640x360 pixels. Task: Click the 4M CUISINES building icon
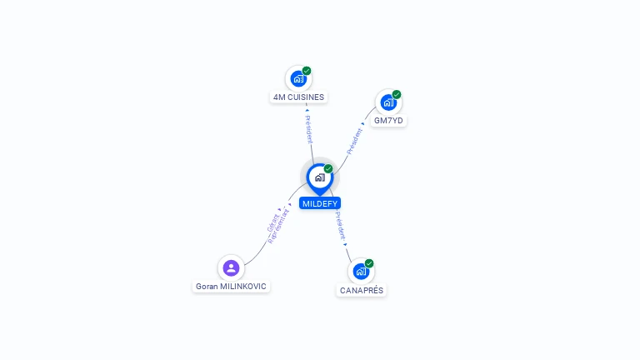click(x=297, y=79)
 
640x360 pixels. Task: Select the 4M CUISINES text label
click(x=298, y=97)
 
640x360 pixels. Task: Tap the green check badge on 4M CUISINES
click(x=307, y=71)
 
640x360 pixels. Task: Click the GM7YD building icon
click(x=387, y=102)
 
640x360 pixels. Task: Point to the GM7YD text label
click(x=388, y=121)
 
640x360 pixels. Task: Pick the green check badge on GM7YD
click(x=397, y=94)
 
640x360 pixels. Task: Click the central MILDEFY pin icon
click(x=319, y=177)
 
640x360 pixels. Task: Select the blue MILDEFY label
click(x=320, y=203)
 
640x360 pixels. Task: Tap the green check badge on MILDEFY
click(x=328, y=168)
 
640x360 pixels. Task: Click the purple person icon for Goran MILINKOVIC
click(x=231, y=267)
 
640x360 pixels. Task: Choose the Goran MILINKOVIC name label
click(x=231, y=287)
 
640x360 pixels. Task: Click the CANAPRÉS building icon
click(x=360, y=272)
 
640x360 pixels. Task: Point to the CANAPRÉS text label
click(x=362, y=291)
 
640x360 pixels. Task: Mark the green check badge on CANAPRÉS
click(x=369, y=263)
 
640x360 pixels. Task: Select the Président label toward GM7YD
click(x=355, y=139)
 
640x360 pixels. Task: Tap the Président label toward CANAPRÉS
click(x=340, y=226)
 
